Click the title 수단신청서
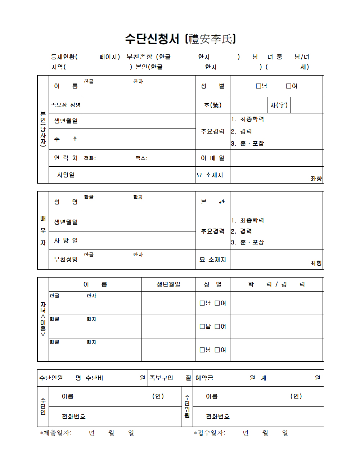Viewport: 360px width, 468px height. (x=152, y=39)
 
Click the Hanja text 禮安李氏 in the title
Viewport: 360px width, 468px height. (x=211, y=39)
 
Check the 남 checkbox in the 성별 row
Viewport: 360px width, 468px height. (x=258, y=86)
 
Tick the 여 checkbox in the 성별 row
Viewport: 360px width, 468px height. (x=288, y=86)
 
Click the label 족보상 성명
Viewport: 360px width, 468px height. (x=66, y=105)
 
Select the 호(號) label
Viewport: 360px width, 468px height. (x=212, y=105)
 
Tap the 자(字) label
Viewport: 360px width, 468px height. (x=279, y=105)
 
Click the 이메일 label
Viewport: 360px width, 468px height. (x=212, y=158)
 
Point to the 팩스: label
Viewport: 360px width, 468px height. (x=141, y=158)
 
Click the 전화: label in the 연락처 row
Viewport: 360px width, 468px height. (x=90, y=158)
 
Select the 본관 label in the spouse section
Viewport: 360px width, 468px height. (x=212, y=202)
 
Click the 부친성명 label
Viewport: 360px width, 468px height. (x=66, y=259)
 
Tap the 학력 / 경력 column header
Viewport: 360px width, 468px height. (x=276, y=284)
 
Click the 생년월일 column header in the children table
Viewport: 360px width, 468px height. (x=168, y=284)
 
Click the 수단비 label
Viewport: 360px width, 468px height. (x=94, y=378)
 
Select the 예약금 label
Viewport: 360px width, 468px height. (x=204, y=378)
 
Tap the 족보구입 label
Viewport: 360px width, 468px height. (x=161, y=378)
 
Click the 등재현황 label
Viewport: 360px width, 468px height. (x=63, y=57)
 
